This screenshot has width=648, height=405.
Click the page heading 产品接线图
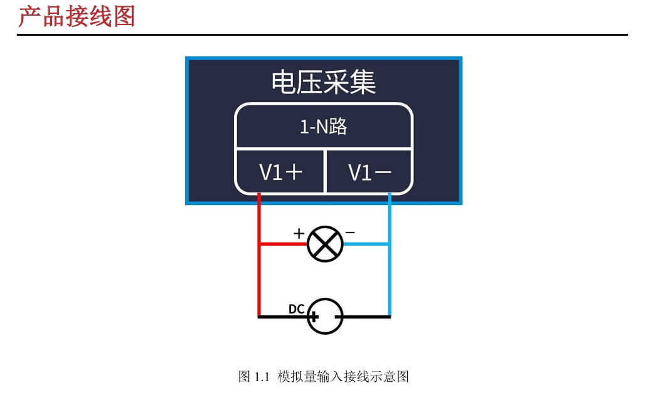pos(76,16)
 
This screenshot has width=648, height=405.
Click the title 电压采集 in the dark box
pos(324,83)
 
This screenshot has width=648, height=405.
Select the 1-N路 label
pos(324,127)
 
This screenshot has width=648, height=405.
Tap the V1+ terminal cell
pos(280,172)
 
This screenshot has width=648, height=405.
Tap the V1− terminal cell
pos(369,172)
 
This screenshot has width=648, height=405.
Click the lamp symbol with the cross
pos(325,244)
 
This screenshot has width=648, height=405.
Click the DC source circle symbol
pos(325,317)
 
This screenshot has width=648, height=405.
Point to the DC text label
pos(296,309)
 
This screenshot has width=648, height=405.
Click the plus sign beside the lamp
pos(299,233)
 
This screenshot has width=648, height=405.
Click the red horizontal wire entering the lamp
pos(282,244)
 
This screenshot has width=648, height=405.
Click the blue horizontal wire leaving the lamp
pos(367,244)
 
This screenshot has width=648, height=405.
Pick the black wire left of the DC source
pos(282,317)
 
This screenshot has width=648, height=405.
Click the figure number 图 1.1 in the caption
pos(253,377)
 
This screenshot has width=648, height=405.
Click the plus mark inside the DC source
pos(314,317)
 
